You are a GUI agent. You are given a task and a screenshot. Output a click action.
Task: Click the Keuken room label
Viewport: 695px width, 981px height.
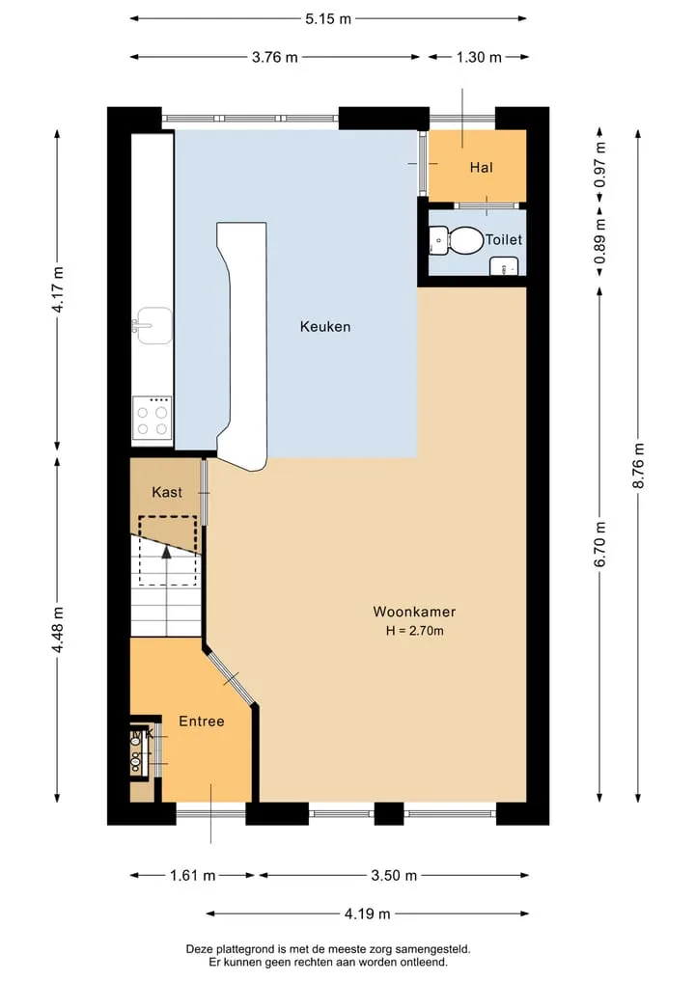325,327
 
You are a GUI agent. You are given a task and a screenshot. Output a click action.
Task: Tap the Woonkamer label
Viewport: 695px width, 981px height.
414,612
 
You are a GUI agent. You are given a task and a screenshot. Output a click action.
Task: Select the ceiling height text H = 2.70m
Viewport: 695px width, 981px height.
414,631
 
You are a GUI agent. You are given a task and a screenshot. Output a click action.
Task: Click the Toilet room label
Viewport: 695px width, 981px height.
504,239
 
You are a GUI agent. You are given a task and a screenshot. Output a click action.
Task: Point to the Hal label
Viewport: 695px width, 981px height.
482,168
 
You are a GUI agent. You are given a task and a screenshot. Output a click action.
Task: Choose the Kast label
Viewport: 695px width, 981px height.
167,492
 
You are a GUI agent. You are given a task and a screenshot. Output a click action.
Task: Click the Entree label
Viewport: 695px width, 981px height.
202,722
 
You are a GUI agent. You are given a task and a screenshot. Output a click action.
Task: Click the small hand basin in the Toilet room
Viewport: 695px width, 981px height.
504,266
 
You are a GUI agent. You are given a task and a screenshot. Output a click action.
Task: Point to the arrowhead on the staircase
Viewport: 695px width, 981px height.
167,552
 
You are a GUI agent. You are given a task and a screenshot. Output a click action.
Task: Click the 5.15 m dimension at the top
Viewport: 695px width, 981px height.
328,19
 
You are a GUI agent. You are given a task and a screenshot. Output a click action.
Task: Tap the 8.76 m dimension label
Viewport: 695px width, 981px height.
638,466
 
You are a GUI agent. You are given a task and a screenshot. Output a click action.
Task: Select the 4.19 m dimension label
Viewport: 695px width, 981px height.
368,914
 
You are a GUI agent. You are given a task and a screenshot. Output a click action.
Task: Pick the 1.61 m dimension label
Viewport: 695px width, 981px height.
193,875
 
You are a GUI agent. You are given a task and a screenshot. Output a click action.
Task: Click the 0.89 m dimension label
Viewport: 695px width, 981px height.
599,241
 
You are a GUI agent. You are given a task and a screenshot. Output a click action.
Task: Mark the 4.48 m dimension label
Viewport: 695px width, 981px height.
58,629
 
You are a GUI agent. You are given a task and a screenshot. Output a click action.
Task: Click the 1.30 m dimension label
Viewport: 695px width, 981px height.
479,58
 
